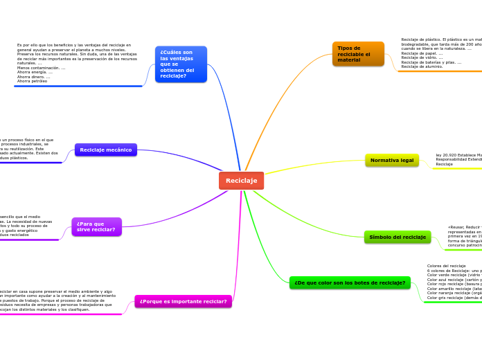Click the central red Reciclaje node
241,181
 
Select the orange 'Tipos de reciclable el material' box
358,54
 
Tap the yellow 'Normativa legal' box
392,161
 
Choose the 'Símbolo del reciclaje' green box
398,237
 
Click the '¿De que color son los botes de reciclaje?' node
350,282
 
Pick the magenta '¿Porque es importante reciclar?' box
183,301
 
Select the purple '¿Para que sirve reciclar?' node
96,226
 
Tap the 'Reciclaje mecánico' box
105,150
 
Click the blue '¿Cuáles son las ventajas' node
181,64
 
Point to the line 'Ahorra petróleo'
33,81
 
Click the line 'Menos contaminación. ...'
42,68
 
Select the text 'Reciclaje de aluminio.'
422,66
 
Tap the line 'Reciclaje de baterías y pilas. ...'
431,62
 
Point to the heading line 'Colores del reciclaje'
447,266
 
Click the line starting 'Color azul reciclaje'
454,279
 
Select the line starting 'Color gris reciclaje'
454,297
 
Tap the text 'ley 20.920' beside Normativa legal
446,155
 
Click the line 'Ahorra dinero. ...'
33,77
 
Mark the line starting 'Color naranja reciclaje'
454,293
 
